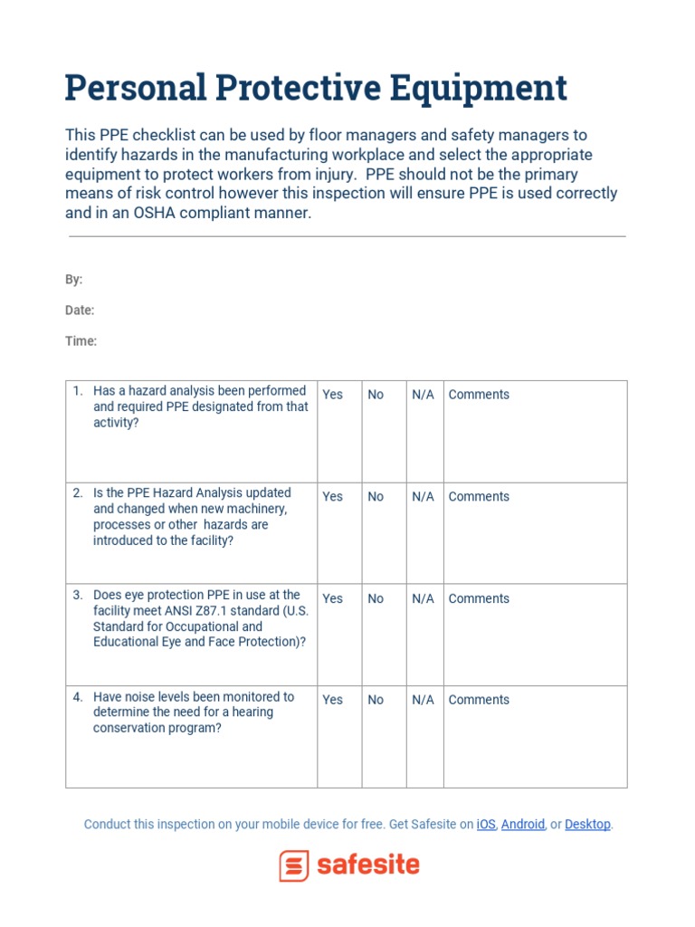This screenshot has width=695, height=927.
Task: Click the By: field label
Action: coord(73,280)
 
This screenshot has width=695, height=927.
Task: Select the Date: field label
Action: coord(80,311)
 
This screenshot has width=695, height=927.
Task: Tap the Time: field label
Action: coord(81,341)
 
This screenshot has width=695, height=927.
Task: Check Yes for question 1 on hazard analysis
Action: coord(333,395)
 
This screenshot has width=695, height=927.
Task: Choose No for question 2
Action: coord(376,497)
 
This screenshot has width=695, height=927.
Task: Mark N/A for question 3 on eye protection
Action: coord(423,599)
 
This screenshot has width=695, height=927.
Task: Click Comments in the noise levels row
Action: coord(479,700)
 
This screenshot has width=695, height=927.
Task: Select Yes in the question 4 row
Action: coord(333,700)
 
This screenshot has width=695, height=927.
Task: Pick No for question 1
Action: coord(376,395)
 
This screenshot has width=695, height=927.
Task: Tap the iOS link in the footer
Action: coord(486,825)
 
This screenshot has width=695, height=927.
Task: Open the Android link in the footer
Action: coord(523,825)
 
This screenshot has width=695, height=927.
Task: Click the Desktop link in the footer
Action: coord(587,825)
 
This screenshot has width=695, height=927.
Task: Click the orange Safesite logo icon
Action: coord(294,866)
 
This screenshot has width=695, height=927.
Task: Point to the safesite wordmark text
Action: coord(368,865)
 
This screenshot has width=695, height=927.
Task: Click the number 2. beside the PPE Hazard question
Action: coord(78,493)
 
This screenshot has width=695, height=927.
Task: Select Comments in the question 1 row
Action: coord(479,395)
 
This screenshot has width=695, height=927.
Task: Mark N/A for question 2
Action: coord(423,497)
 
